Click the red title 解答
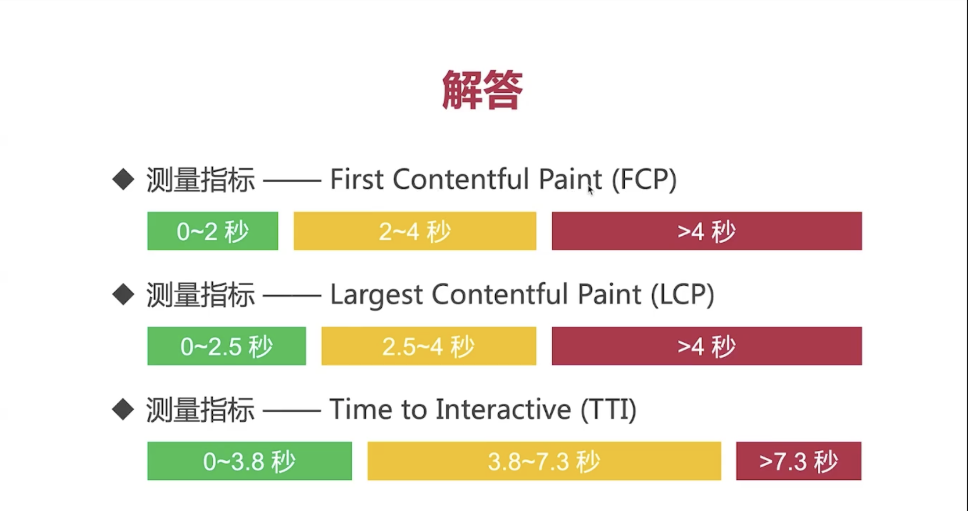pos(483,90)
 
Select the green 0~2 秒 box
pos(213,231)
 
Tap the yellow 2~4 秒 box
pos(415,231)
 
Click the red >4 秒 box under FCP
pos(707,231)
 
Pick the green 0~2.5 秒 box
pos(226,346)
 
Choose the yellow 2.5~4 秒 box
pos(429,346)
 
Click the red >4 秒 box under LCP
pos(707,346)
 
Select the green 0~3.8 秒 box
pos(250,461)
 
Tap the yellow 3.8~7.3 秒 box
pos(544,461)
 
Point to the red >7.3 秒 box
pos(799,461)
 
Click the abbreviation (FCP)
pos(644,179)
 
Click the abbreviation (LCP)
pos(682,295)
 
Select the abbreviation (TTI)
pos(608,409)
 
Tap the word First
pos(356,179)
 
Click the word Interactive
pos(503,409)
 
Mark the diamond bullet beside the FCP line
pos(123,179)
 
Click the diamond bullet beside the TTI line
pos(123,409)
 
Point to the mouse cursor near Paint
pos(590,190)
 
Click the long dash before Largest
pos(292,295)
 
